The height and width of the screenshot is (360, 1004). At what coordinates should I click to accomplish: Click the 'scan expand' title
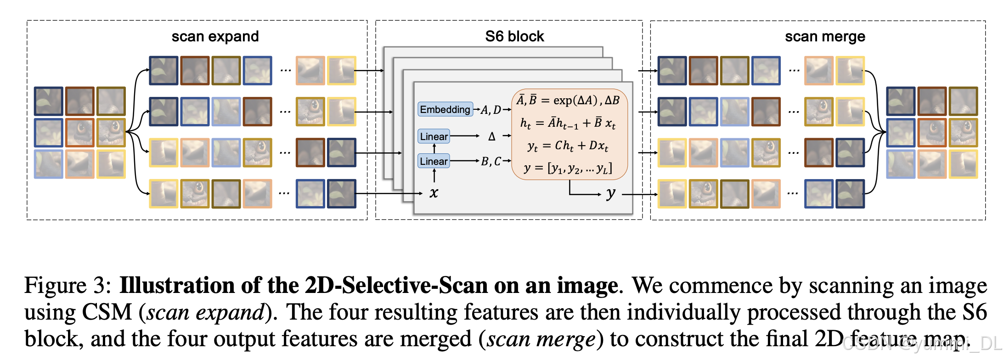point(215,36)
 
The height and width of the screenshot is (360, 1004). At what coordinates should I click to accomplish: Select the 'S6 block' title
point(514,36)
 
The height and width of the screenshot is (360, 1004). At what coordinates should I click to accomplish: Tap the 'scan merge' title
point(825,36)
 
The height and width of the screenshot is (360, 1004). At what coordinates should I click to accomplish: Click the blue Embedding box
point(445,109)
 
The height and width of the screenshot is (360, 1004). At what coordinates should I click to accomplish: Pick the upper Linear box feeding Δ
point(434,136)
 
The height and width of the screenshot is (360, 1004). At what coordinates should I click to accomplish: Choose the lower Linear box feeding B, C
point(434,161)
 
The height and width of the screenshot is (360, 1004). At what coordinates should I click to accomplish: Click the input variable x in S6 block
point(434,193)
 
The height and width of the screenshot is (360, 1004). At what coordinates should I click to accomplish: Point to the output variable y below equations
point(610,193)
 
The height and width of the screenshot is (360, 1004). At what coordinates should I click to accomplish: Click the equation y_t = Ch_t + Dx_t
point(568,146)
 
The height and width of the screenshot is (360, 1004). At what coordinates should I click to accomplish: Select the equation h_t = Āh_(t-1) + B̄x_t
point(568,123)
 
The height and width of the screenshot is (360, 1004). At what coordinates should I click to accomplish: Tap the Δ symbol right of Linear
point(492,136)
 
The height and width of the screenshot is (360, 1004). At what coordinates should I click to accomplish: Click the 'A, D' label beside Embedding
point(491,110)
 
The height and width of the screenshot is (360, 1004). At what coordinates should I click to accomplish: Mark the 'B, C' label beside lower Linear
point(491,161)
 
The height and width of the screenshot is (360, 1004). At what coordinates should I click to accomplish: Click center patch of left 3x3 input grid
point(80,132)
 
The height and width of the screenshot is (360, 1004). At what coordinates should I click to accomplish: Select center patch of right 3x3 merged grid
point(932,132)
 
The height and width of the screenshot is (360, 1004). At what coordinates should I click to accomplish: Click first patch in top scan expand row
point(164,71)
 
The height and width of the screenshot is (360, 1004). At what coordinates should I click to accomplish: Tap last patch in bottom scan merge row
point(850,194)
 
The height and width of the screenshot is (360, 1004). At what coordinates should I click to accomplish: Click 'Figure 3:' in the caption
point(68,286)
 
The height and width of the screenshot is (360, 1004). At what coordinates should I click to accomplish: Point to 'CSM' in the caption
point(107,312)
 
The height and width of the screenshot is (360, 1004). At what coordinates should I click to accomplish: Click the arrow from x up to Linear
point(434,175)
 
